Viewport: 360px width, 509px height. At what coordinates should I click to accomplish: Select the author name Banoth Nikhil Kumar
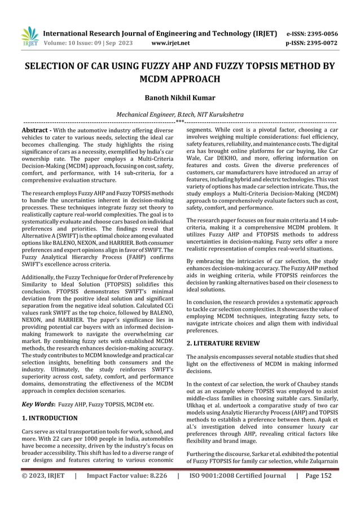pyautogui.click(x=179, y=97)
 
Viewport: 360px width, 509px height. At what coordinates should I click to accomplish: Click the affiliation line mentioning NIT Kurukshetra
pyautogui.click(x=179, y=114)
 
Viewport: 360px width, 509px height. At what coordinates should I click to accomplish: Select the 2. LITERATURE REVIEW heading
pyautogui.click(x=223, y=343)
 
